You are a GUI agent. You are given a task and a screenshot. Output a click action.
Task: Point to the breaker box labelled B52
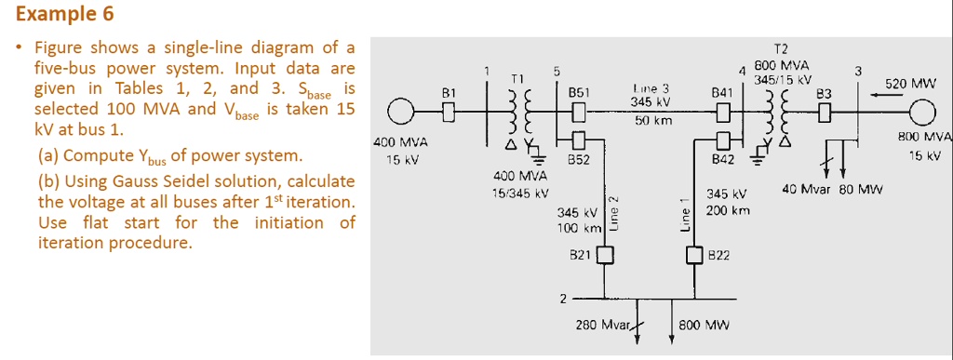click(x=579, y=140)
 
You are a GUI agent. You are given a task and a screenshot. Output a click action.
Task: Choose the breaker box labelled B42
click(x=722, y=140)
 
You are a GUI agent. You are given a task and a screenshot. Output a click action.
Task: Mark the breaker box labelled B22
click(x=693, y=254)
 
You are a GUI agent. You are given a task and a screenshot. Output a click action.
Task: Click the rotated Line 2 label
click(x=612, y=212)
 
